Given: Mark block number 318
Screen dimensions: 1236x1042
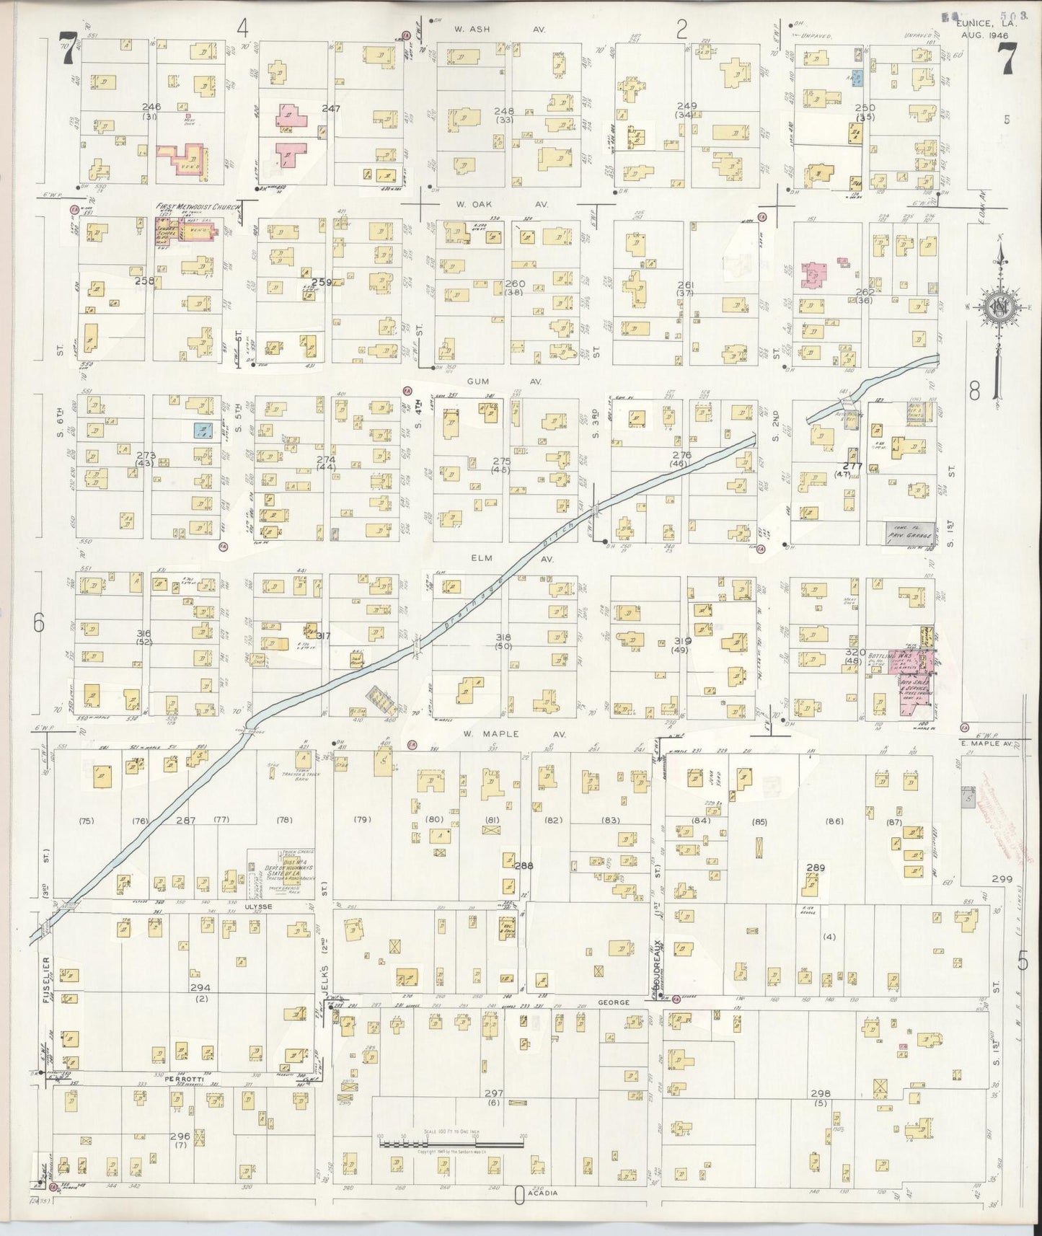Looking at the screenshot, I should click(x=503, y=637).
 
